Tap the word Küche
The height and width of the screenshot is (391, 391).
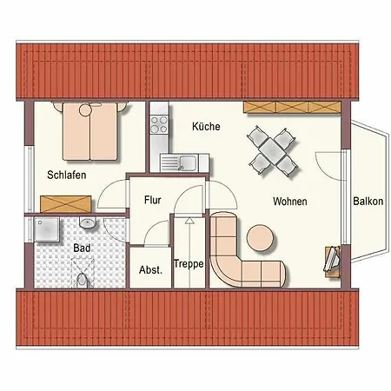pyautogui.click(x=206, y=127)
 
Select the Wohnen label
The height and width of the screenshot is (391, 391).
pyautogui.click(x=289, y=201)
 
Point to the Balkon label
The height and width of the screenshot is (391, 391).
pyautogui.click(x=368, y=201)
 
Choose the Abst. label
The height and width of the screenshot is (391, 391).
pyautogui.click(x=150, y=269)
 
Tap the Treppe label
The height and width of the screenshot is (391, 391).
pyautogui.click(x=189, y=264)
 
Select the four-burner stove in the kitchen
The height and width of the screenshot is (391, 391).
pyautogui.click(x=159, y=127)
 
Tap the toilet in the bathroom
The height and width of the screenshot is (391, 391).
pyautogui.click(x=83, y=280)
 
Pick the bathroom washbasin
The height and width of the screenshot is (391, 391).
pyautogui.click(x=86, y=224)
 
